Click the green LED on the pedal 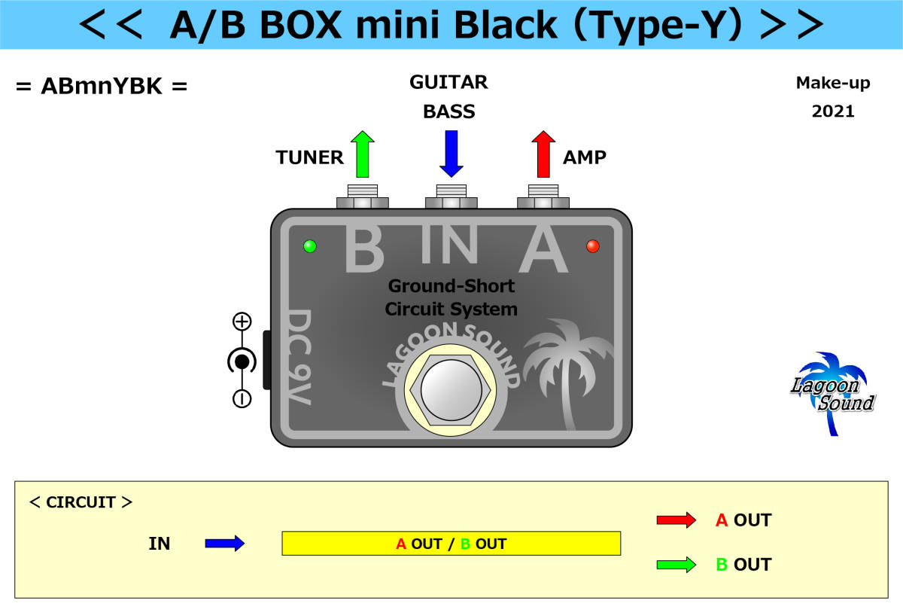click(309, 246)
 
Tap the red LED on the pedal click(593, 246)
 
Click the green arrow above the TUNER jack click(363, 154)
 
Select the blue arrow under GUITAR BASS click(451, 154)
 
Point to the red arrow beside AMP click(543, 154)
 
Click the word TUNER click(309, 157)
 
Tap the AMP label click(585, 157)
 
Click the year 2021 click(833, 111)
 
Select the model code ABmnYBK click(101, 87)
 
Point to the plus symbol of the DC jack click(242, 322)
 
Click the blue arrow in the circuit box click(225, 543)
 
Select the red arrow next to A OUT click(676, 520)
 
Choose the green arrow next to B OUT click(676, 565)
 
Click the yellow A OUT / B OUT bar click(451, 544)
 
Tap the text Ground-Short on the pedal click(451, 286)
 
